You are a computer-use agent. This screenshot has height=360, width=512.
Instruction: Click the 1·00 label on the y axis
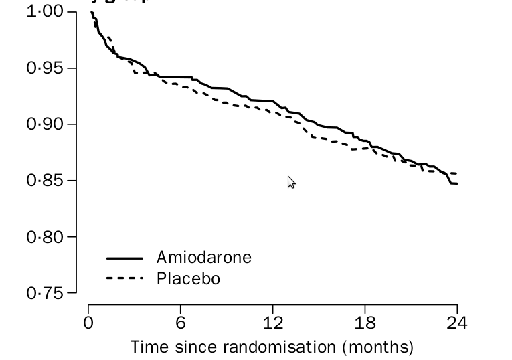(x=46, y=12)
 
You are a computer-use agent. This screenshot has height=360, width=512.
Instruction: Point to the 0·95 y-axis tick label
(x=46, y=68)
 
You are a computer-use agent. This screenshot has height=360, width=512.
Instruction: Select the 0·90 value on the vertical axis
(x=46, y=124)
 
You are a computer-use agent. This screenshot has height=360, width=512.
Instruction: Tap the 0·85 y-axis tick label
(x=46, y=181)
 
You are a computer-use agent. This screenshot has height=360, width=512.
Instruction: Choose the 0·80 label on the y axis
(x=46, y=237)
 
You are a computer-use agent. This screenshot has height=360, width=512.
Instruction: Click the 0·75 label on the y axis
(x=46, y=293)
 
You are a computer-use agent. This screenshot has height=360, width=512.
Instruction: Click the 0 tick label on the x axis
(x=88, y=323)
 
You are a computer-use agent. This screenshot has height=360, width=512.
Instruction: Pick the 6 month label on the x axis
(x=181, y=323)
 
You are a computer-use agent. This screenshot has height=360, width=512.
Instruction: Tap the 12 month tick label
(x=272, y=323)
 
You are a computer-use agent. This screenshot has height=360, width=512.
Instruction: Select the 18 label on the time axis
(x=365, y=323)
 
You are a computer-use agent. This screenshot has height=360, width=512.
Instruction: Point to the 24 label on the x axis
(x=457, y=323)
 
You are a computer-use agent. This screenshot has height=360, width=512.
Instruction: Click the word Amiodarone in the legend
(x=204, y=258)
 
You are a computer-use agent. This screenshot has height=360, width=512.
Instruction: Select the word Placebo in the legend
(x=188, y=278)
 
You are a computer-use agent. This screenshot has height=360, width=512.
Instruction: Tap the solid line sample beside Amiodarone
(x=124, y=258)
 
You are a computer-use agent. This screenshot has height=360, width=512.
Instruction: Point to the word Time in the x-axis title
(x=147, y=347)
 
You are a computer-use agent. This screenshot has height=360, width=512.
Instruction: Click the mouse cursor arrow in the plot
(x=290, y=181)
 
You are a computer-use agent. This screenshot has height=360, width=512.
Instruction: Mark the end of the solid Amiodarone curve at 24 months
(x=457, y=183)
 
